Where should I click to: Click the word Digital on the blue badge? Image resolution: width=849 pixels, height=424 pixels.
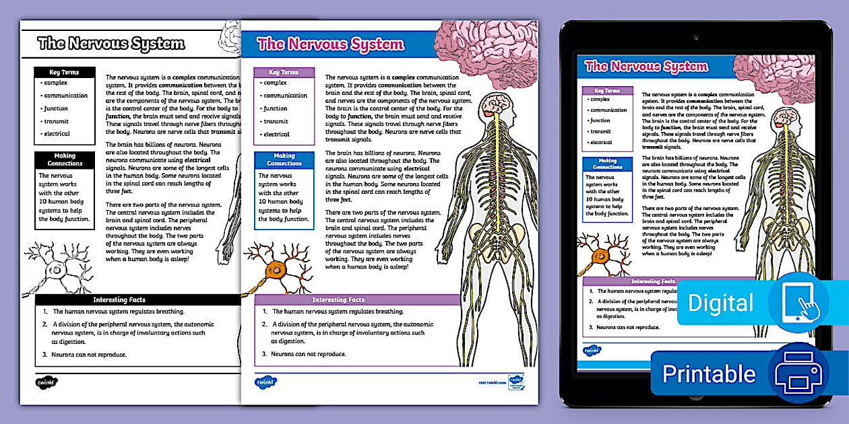pos(720,304)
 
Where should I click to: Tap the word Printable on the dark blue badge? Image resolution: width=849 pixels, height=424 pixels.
pos(709,374)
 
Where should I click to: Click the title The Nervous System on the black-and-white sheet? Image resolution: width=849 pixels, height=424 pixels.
pos(111,44)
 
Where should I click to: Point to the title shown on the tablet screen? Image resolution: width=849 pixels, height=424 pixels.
pos(646,66)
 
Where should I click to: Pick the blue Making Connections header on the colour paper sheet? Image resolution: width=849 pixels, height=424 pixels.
pos(284,160)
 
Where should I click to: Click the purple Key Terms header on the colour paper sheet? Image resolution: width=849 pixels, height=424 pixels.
pos(284,72)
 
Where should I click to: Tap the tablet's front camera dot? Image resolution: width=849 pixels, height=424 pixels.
pos(695,37)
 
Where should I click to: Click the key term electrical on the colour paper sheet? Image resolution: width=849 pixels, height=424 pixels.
pos(276,135)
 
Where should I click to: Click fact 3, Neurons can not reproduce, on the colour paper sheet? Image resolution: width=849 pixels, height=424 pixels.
pos(308,354)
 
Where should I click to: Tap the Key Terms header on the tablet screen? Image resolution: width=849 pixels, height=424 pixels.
pos(607,90)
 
